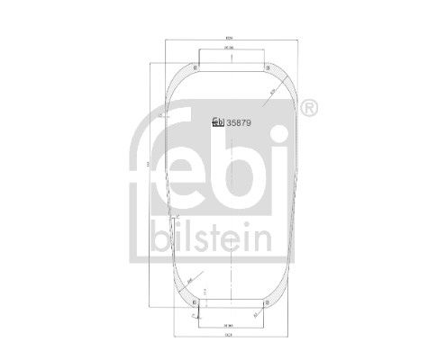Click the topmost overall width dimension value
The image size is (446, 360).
point(230,36)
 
